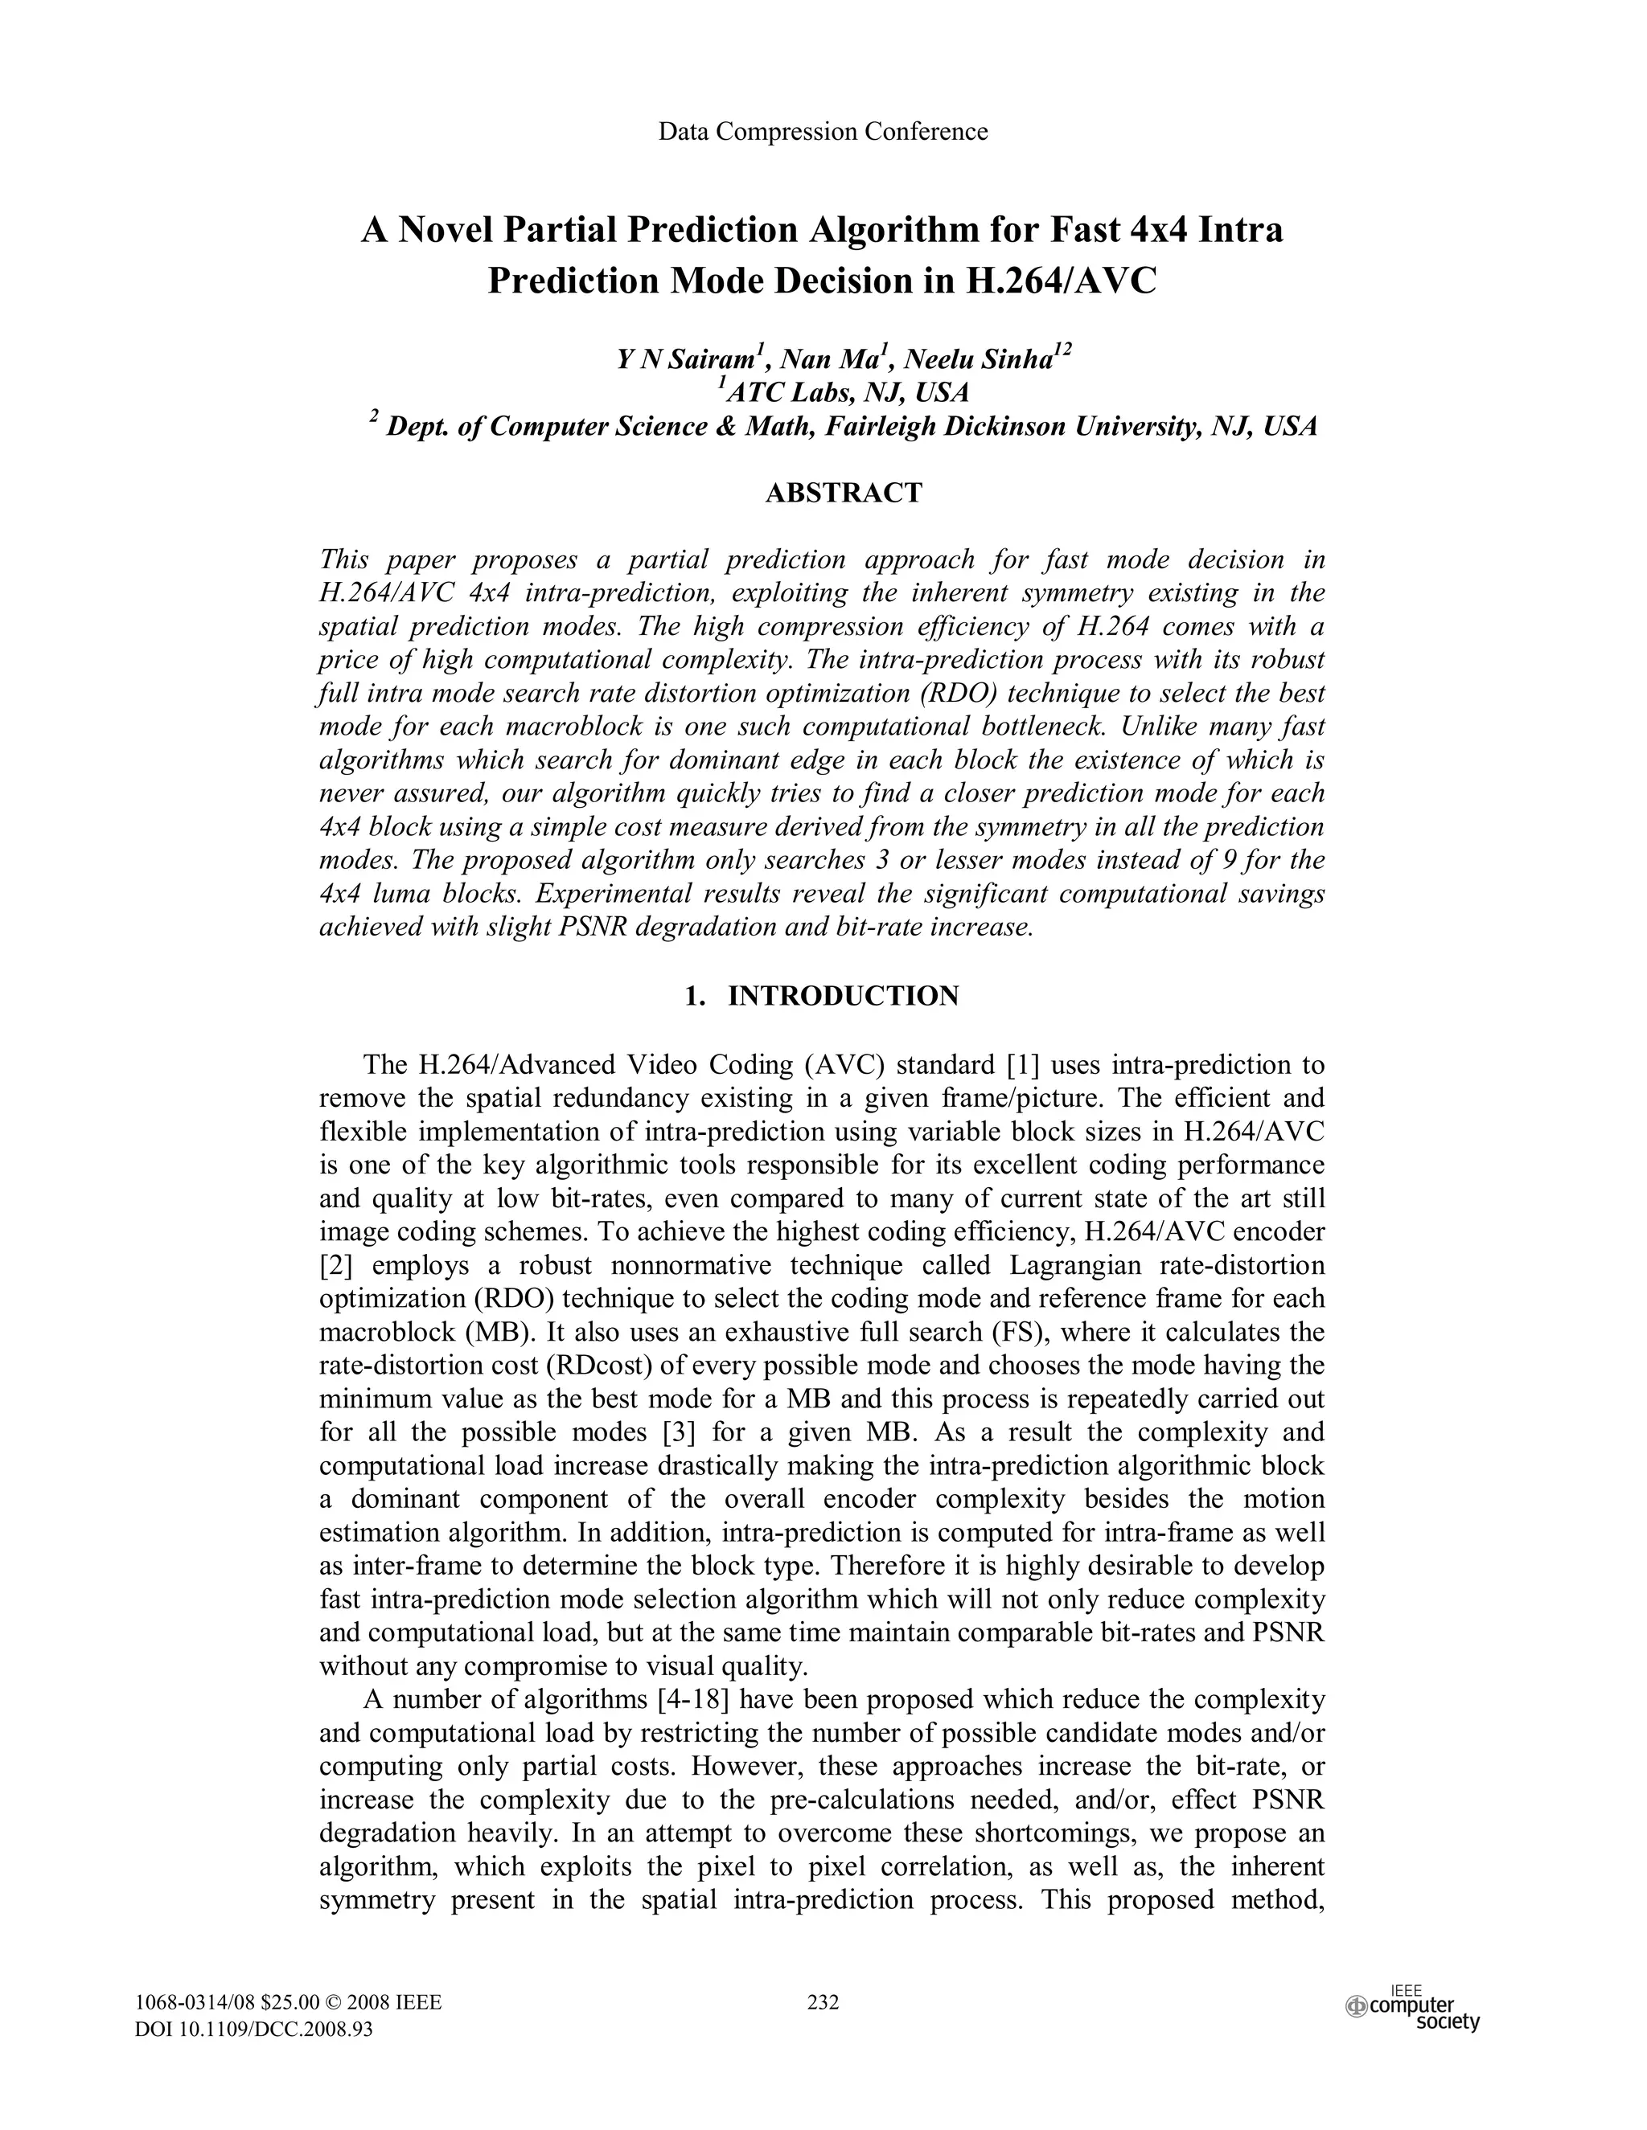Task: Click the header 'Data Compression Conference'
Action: point(823,132)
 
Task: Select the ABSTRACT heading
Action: point(843,494)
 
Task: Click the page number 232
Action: point(823,2002)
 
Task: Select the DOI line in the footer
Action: point(253,2030)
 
